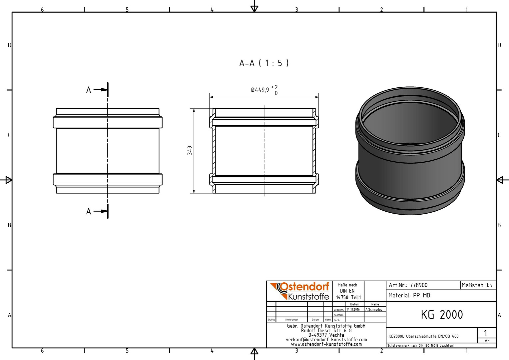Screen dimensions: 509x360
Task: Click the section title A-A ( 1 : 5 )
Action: tap(264, 63)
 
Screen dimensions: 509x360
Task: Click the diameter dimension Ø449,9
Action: tap(260, 90)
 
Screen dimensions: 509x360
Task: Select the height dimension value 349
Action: tap(190, 150)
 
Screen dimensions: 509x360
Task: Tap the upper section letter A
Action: tap(89, 90)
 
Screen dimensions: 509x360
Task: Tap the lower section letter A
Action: tap(89, 211)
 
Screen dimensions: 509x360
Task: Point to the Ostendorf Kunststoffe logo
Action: tap(299, 291)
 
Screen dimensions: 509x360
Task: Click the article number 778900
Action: tap(419, 285)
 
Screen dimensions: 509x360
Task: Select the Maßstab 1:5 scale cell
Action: tap(477, 285)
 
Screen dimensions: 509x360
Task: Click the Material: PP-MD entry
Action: tap(409, 295)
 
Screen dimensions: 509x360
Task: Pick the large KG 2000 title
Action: tap(442, 315)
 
